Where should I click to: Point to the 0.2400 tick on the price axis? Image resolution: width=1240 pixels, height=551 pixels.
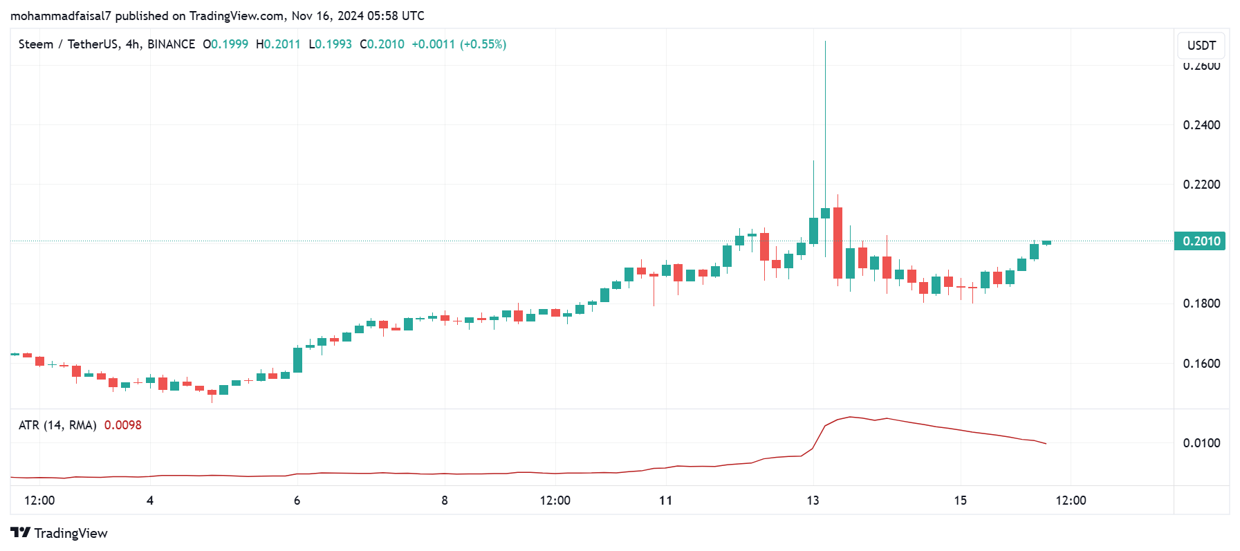[1201, 125]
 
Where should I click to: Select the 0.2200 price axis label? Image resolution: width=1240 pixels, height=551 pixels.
[1201, 185]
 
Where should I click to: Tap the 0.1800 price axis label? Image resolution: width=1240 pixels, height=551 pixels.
[1201, 303]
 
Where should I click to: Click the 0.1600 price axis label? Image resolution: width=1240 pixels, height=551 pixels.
[1201, 364]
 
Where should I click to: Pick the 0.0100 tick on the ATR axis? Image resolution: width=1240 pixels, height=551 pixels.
[1201, 443]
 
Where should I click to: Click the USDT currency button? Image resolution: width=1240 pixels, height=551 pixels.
[1201, 46]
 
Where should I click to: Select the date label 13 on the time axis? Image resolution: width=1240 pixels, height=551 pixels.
[813, 501]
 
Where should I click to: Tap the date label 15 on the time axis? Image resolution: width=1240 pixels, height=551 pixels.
[961, 501]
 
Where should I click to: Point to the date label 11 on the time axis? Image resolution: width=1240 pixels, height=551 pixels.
[665, 501]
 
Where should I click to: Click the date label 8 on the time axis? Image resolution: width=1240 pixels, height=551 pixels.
[445, 501]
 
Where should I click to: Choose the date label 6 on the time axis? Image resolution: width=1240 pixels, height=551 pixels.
[297, 501]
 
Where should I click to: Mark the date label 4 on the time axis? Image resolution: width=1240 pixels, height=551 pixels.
[150, 501]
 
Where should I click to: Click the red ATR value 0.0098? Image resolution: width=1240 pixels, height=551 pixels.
[123, 425]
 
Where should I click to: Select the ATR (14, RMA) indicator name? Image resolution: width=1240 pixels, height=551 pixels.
[57, 425]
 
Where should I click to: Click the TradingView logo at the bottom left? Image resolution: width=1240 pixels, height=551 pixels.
[59, 533]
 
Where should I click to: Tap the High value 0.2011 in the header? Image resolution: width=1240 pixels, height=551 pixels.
[282, 44]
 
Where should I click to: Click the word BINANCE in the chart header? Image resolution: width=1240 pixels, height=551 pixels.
[171, 44]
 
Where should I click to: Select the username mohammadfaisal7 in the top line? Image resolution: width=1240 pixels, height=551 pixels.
[60, 16]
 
